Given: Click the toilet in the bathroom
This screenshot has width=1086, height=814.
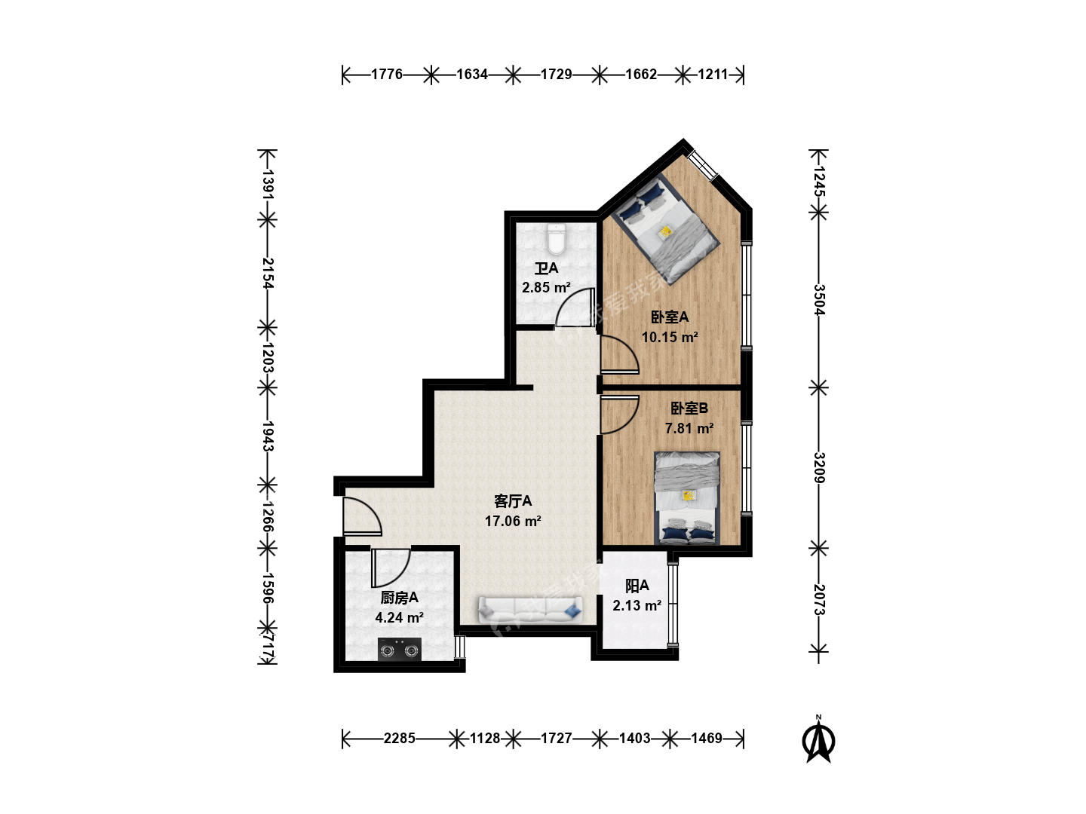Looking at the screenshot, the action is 557,239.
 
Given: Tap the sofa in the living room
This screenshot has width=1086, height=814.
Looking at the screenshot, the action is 530,610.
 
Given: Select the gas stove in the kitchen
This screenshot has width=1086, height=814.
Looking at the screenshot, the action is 399,649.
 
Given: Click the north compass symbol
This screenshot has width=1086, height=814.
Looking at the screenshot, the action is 819,739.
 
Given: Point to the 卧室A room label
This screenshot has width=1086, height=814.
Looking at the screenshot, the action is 670,317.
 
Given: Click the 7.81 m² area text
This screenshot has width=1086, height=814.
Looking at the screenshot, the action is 689,428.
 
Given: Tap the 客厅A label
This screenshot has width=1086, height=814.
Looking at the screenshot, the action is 513,501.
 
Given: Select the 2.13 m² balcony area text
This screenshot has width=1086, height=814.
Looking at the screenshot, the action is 637,605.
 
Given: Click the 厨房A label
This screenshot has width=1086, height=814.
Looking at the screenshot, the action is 399,598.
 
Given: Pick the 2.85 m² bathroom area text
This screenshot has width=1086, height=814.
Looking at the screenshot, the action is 546,287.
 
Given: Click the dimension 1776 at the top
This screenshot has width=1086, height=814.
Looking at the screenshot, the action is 387,74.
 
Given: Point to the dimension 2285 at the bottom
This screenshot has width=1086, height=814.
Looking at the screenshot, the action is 399,739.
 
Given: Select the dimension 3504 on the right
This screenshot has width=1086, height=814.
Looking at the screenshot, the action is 819,300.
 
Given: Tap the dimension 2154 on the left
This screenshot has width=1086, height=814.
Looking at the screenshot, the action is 268,273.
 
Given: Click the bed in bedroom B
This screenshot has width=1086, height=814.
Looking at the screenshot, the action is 687,498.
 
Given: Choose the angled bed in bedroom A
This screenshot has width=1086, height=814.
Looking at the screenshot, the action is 665,228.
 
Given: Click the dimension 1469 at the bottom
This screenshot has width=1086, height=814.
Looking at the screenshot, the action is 707,739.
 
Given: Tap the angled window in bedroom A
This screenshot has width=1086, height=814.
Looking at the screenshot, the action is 703,164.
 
